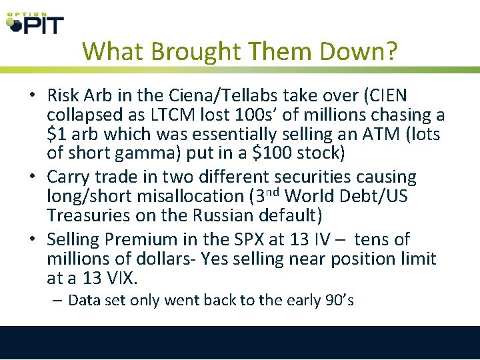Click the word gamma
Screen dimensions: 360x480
click(x=149, y=153)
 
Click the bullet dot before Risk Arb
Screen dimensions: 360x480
click(x=32, y=97)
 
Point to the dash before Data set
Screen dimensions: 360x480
click(x=58, y=300)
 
